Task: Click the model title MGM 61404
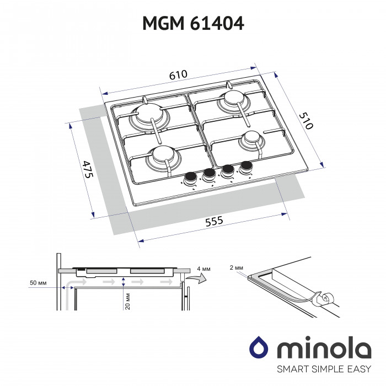click(193, 24)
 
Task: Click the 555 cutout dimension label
click(213, 221)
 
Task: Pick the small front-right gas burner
click(251, 138)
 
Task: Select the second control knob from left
click(209, 175)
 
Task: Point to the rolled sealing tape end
click(324, 299)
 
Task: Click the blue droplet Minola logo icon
click(259, 348)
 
